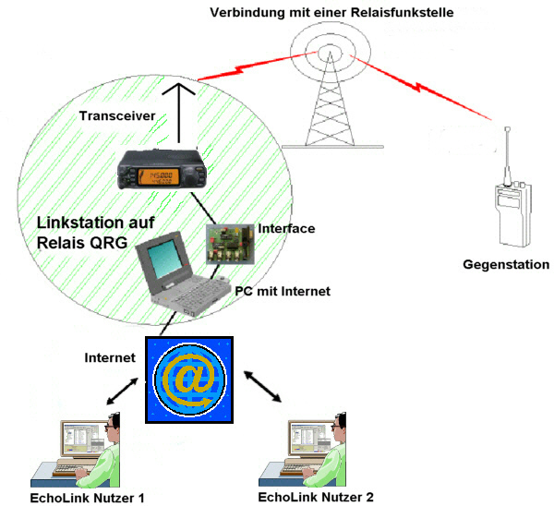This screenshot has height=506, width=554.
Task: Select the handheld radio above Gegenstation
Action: [x=510, y=208]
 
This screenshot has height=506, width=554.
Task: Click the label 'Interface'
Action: [x=286, y=228]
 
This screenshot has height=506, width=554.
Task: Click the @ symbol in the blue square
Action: [x=191, y=378]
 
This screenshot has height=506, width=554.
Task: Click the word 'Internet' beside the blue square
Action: [x=110, y=356]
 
